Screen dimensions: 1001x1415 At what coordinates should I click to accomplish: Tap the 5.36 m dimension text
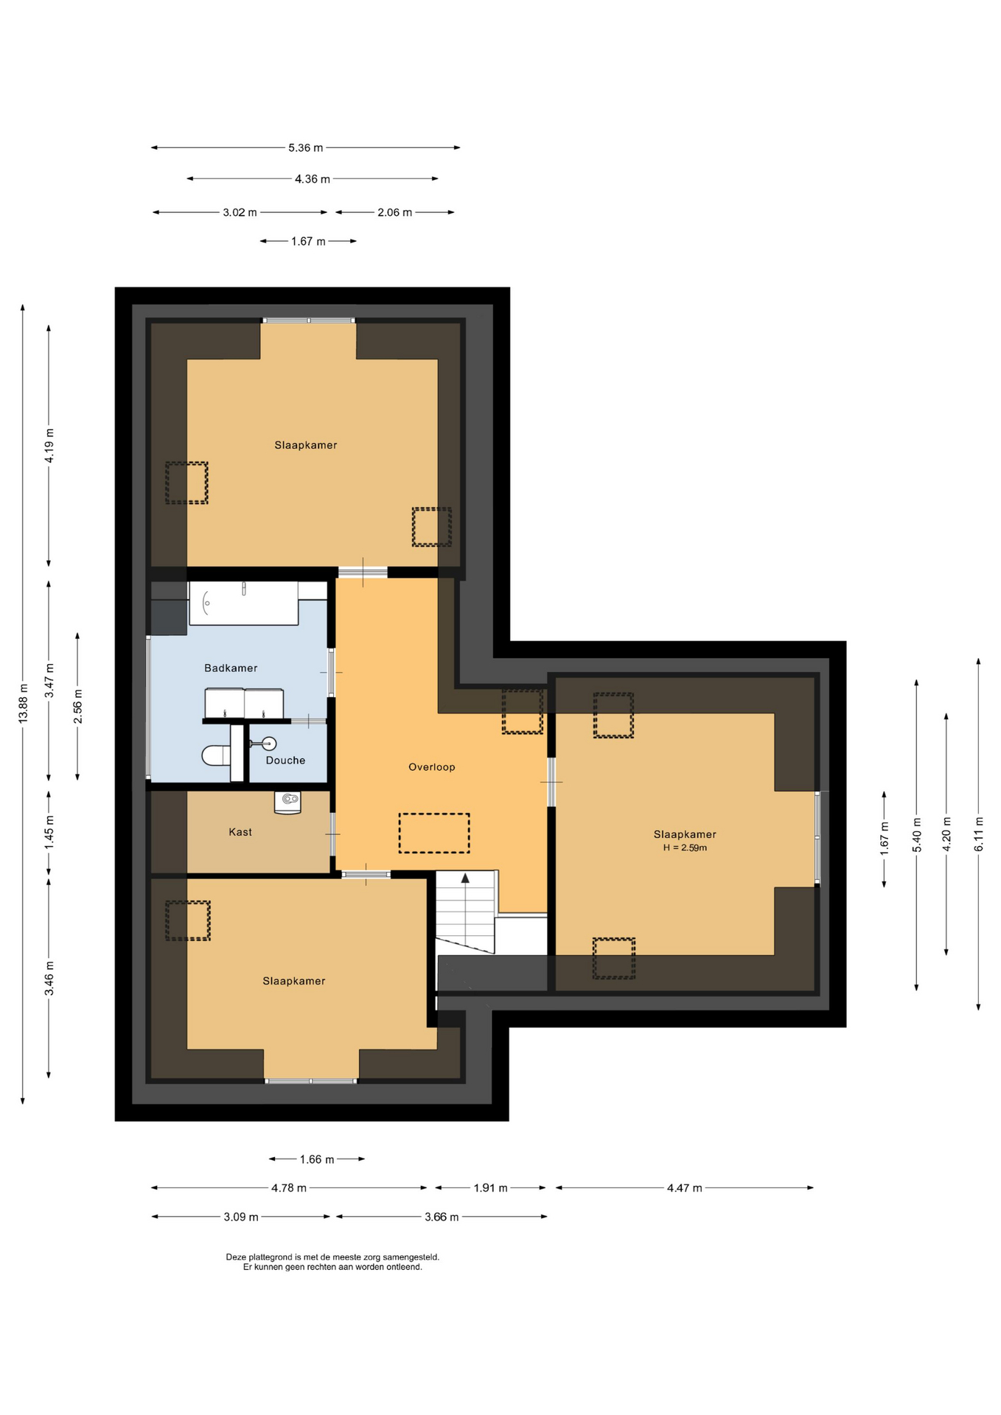pyautogui.click(x=305, y=148)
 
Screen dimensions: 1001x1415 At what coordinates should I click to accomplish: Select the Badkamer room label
pyautogui.click(x=231, y=668)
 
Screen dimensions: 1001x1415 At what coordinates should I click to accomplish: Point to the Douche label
pyautogui.click(x=285, y=760)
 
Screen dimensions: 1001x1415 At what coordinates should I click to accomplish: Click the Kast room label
pyautogui.click(x=240, y=831)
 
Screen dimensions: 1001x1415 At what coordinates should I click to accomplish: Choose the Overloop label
pyautogui.click(x=432, y=766)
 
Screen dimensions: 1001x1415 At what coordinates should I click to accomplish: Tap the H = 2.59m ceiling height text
pyautogui.click(x=685, y=848)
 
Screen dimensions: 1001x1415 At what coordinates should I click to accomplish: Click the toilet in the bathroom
pyautogui.click(x=216, y=755)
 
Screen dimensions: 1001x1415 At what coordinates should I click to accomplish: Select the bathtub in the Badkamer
pyautogui.click(x=243, y=603)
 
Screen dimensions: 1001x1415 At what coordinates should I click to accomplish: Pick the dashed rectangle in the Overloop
pyautogui.click(x=434, y=833)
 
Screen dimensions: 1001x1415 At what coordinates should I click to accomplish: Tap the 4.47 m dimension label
pyautogui.click(x=685, y=1188)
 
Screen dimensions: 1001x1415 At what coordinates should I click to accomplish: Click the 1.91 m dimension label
pyautogui.click(x=490, y=1188)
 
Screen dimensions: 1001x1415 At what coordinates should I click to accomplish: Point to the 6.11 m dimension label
pyautogui.click(x=979, y=834)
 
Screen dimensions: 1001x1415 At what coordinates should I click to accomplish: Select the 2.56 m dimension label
pyautogui.click(x=77, y=706)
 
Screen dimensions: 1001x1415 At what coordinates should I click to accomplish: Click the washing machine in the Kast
pyautogui.click(x=287, y=802)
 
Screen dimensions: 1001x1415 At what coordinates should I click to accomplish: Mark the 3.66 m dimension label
pyautogui.click(x=442, y=1217)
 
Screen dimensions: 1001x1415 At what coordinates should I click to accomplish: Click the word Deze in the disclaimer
pyautogui.click(x=235, y=1257)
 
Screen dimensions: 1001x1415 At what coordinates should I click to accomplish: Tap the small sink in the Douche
pyautogui.click(x=268, y=743)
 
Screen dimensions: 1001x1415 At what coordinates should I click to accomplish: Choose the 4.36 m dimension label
pyautogui.click(x=313, y=179)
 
